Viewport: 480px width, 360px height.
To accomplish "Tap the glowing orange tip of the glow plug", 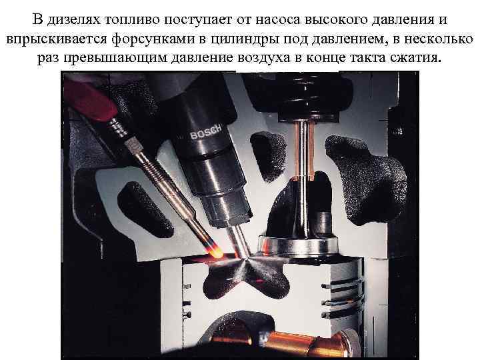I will pyautogui.click(x=217, y=253).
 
